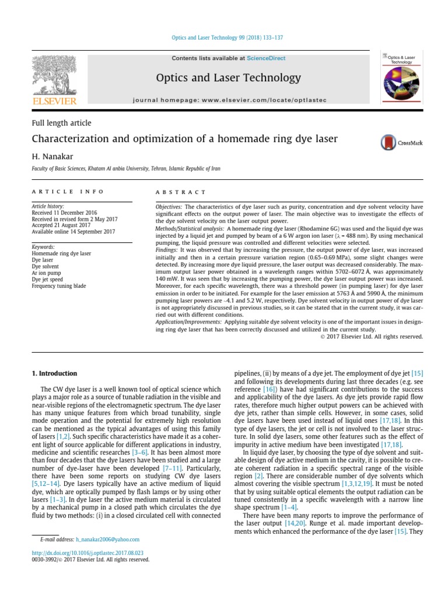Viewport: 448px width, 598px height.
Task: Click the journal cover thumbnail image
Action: point(402,78)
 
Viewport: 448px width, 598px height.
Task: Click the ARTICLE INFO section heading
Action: point(68,192)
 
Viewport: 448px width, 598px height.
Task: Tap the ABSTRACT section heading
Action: point(180,192)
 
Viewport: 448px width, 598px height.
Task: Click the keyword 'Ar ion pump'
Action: point(47,273)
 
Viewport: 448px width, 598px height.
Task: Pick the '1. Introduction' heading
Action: point(54,373)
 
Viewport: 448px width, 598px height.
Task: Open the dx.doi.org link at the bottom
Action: point(87,552)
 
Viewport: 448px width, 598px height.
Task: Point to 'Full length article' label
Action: point(61,123)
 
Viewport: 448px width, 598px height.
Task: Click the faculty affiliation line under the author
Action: point(125,169)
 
